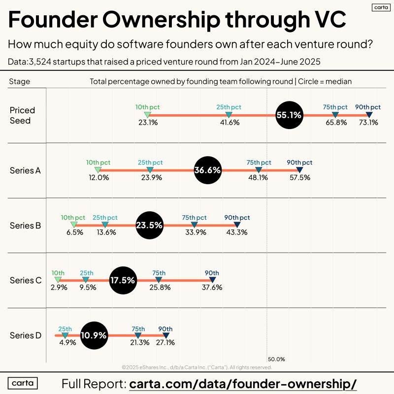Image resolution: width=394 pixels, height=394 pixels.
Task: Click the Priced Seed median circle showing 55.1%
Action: pyautogui.click(x=289, y=115)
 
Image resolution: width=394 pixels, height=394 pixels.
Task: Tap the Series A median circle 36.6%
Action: pyautogui.click(x=208, y=170)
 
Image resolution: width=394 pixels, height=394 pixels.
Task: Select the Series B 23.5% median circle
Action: pyautogui.click(x=149, y=226)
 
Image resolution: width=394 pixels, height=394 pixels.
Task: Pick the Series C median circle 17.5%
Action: pyautogui.click(x=123, y=280)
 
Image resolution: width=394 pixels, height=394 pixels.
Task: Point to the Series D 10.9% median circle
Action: pyautogui.click(x=94, y=335)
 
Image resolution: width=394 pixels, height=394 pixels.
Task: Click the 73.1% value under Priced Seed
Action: pyautogui.click(x=368, y=123)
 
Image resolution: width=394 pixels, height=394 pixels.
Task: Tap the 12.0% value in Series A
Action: pyautogui.click(x=98, y=178)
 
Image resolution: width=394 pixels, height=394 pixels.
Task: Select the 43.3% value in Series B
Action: pyautogui.click(x=237, y=232)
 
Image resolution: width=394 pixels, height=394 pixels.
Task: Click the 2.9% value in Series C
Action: pyautogui.click(x=59, y=288)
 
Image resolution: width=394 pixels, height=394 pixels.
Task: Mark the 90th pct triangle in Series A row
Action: pyautogui.click(x=299, y=170)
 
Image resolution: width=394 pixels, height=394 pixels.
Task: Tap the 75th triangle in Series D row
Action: pyautogui.click(x=138, y=335)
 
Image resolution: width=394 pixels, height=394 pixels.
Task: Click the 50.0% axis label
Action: pyautogui.click(x=276, y=360)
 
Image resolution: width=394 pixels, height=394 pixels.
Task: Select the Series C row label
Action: pyautogui.click(x=25, y=280)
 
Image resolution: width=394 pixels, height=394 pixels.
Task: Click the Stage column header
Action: pyautogui.click(x=20, y=81)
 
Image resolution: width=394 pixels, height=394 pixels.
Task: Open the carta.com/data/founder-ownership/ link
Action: pyautogui.click(x=243, y=384)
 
